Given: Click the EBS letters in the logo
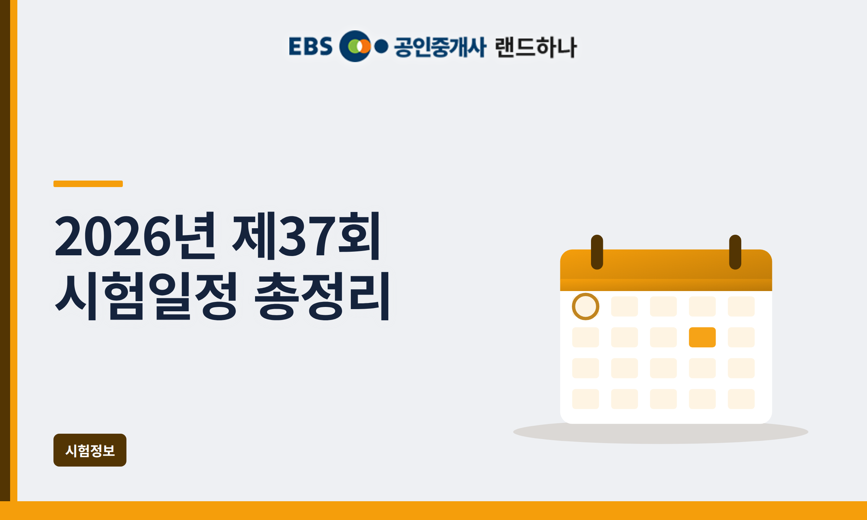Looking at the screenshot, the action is (310, 47).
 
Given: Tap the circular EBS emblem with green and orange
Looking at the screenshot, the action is (355, 46).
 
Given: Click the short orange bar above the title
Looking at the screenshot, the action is (88, 184).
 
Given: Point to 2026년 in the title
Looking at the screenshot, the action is (135, 236).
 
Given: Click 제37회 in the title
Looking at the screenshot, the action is (306, 236).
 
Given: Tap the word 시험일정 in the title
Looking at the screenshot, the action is (146, 296).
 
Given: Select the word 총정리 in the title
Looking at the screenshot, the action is (322, 296).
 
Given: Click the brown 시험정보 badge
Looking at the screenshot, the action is (90, 450).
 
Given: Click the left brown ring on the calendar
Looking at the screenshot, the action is (597, 252).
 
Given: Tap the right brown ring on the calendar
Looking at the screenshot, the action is (735, 252).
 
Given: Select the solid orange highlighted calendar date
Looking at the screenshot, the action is (702, 337).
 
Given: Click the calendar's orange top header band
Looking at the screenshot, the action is (666, 270).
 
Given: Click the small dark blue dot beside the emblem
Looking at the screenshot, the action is (381, 47).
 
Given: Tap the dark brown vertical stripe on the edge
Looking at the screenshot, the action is (5, 251).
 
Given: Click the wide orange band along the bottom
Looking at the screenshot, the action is (433, 511).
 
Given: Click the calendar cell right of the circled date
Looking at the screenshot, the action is (625, 307).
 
